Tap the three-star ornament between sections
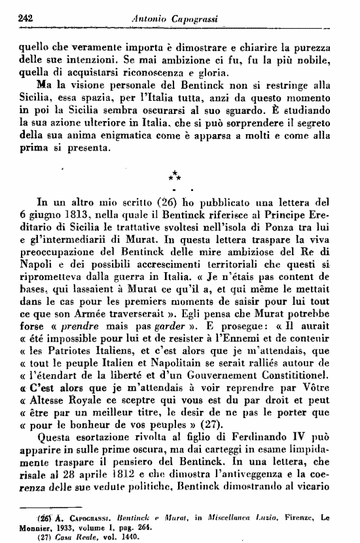(175, 175)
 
